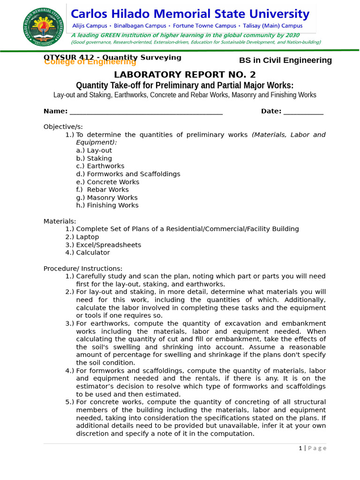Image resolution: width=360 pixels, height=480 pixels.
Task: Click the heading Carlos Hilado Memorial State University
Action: [190, 14]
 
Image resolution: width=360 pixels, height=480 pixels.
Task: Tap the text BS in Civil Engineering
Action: [285, 60]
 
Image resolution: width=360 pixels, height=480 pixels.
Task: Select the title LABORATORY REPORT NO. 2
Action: [185, 75]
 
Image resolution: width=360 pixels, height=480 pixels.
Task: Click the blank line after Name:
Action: [145, 112]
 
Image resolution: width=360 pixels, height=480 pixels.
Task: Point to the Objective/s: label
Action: [63, 127]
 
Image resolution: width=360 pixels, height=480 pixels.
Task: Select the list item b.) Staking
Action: [94, 158]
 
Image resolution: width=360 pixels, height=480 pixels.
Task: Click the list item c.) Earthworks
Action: [100, 166]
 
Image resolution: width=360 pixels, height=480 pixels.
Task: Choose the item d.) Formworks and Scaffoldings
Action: [128, 174]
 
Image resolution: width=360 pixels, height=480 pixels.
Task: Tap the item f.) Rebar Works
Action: [102, 190]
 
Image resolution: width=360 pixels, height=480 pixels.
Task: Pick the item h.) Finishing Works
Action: [107, 205]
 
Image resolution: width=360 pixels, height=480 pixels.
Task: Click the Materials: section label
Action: [60, 221]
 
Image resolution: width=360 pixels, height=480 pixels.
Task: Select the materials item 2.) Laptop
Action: [82, 237]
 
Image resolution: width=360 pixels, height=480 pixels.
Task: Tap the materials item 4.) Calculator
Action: [88, 253]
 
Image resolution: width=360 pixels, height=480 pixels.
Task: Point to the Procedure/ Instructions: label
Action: [83, 269]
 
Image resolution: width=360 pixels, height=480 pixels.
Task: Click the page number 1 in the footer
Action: [300, 448]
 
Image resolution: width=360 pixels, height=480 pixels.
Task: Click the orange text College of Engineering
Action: [90, 62]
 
